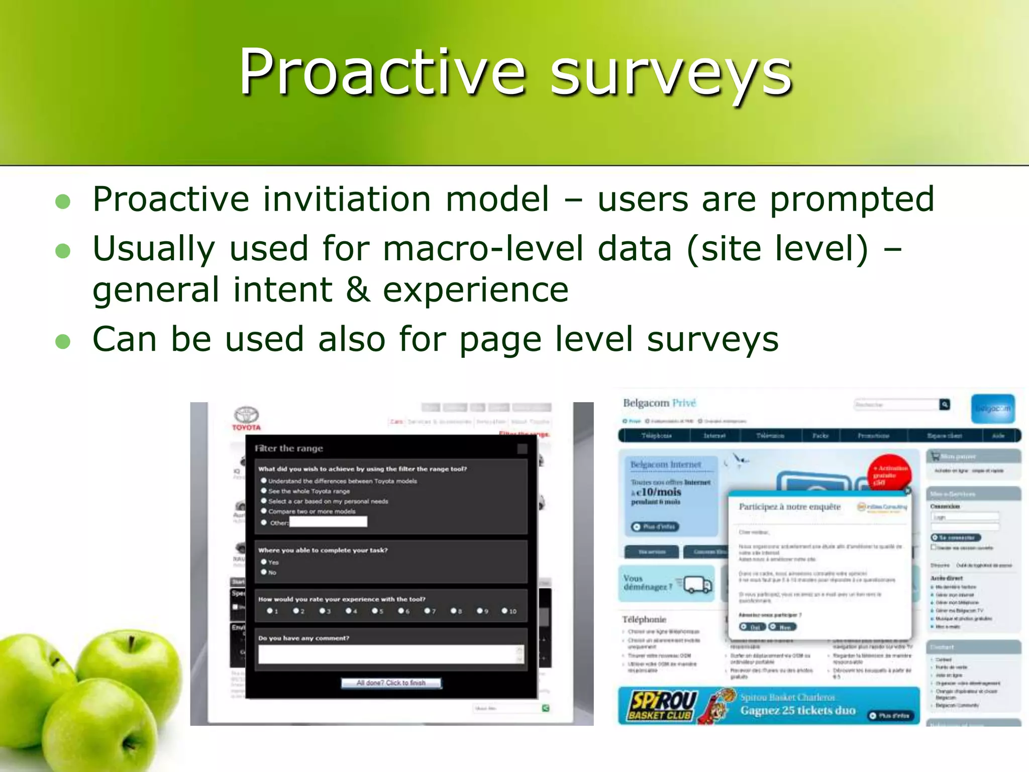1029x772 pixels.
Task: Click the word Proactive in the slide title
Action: click(382, 73)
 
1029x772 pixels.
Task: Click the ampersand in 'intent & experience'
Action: click(358, 290)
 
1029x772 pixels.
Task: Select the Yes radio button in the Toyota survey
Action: click(264, 562)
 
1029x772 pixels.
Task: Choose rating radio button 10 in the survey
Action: click(504, 611)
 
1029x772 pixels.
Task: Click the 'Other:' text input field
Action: click(328, 522)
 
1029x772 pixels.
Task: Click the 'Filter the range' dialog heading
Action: click(289, 448)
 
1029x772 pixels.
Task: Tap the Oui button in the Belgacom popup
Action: click(752, 627)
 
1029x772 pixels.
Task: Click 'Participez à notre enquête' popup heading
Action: click(789, 507)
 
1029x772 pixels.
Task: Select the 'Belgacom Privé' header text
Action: click(659, 403)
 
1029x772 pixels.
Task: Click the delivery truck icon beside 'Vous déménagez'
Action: click(698, 585)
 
